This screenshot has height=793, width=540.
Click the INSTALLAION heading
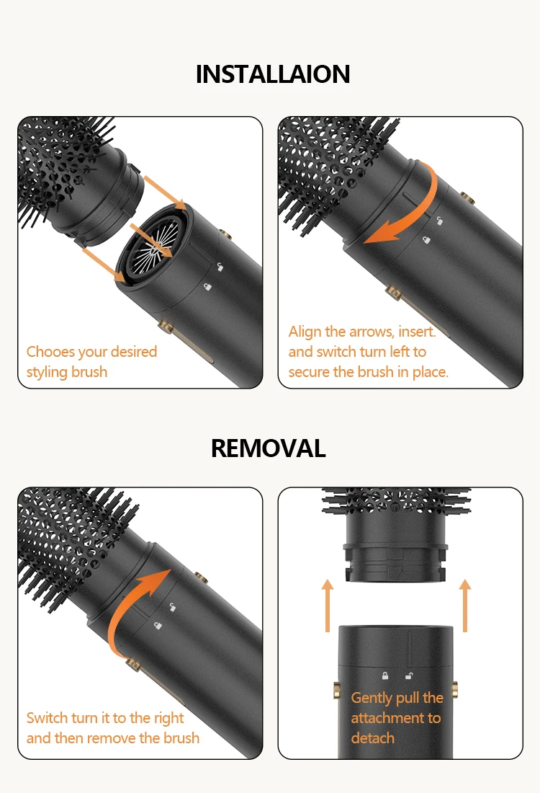(x=273, y=74)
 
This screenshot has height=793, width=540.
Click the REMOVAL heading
(x=269, y=448)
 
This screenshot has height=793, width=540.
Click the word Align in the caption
(x=305, y=332)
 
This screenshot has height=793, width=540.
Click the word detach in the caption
(x=372, y=738)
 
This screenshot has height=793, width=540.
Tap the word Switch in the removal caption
(x=48, y=718)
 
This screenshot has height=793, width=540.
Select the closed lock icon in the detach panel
(x=385, y=676)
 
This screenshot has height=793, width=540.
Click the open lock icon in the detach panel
(x=408, y=676)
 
